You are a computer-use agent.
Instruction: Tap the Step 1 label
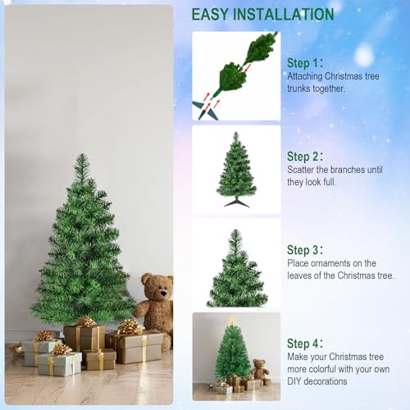pyautogui.click(x=305, y=63)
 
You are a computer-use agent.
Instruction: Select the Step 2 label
pyautogui.click(x=305, y=157)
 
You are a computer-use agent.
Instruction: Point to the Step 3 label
pyautogui.click(x=305, y=250)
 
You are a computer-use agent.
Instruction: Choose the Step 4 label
pyautogui.click(x=305, y=344)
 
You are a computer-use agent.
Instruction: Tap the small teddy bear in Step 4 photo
pyautogui.click(x=260, y=370)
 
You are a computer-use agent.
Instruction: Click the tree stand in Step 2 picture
pyautogui.click(x=236, y=201)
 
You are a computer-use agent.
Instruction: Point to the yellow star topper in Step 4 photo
pyautogui.click(x=232, y=320)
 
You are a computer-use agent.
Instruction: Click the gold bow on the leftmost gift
pyautogui.click(x=43, y=335)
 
